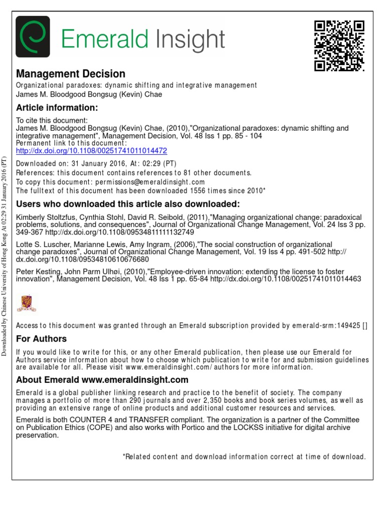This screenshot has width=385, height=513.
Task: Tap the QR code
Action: coord(339,46)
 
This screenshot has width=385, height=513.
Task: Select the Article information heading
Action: coord(56,108)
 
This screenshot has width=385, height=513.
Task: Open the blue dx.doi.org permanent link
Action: coord(92,150)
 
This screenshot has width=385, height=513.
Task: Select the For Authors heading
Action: coord(41,339)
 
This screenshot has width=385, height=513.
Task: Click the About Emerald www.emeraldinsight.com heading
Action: coord(102,380)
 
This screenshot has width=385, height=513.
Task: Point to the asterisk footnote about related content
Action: coord(244,456)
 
